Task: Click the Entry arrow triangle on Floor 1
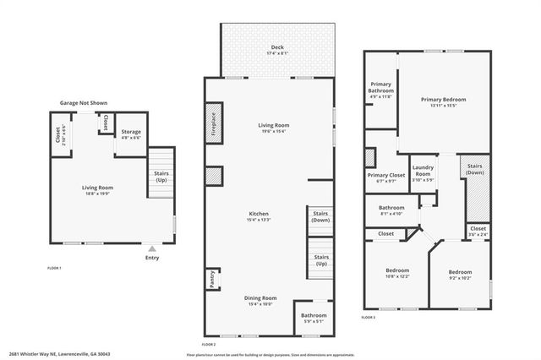pyautogui.click(x=152, y=248)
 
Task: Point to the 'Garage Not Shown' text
pyautogui.click(x=83, y=102)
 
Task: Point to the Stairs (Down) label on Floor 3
pyautogui.click(x=474, y=169)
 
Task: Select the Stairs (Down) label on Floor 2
pyautogui.click(x=321, y=217)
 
